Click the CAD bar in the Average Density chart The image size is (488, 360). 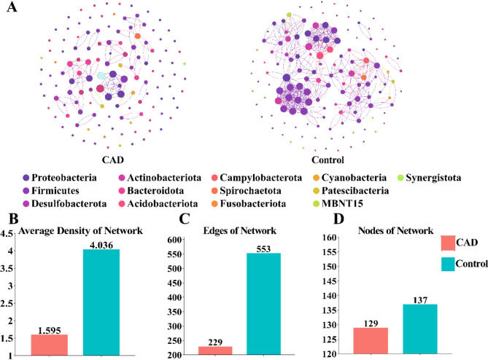click(50, 345)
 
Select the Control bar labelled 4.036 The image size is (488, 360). click(101, 302)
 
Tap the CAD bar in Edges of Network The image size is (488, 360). click(215, 351)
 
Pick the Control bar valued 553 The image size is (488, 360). click(263, 304)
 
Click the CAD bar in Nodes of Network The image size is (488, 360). click(371, 341)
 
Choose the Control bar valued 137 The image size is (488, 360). click(420, 329)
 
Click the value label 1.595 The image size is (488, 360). click(50, 330)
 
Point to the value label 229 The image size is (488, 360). click(215, 343)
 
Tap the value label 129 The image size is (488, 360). click(371, 324)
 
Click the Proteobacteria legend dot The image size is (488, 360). click(26, 178)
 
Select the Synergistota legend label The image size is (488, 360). click(433, 178)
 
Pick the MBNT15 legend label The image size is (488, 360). click(342, 203)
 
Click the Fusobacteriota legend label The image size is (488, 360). click(253, 203)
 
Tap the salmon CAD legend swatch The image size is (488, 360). click(448, 243)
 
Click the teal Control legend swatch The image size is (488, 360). click(448, 264)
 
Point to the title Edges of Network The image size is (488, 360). click(240, 231)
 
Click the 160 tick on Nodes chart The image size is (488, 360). click(329, 238)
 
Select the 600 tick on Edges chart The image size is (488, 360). click(174, 240)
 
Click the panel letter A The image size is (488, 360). click(12, 7)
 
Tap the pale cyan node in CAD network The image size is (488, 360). click(101, 76)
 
